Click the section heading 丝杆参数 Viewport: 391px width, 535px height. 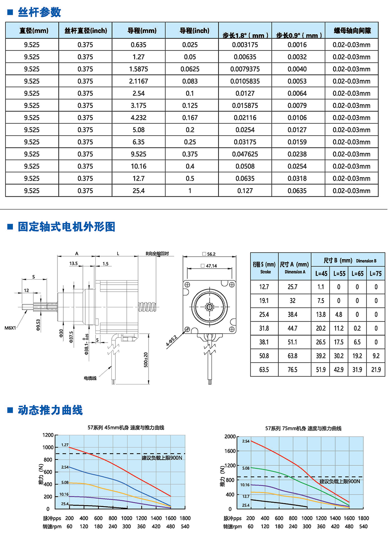[x=39, y=13]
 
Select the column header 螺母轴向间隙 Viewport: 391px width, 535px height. [x=352, y=31]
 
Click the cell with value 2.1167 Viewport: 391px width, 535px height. [x=138, y=81]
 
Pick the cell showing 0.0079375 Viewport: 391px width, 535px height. [x=245, y=69]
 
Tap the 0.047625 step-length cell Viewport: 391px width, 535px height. [x=245, y=154]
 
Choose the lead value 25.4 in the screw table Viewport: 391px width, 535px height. [x=138, y=191]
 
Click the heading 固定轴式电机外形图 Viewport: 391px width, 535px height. [x=66, y=227]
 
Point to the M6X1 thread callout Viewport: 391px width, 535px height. [x=10, y=328]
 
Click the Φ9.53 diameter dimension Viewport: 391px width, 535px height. [x=38, y=325]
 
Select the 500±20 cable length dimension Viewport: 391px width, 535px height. [x=146, y=360]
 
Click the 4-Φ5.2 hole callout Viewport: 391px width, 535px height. [x=171, y=341]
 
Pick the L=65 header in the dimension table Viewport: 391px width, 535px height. [x=357, y=274]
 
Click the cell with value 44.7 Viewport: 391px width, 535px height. [x=292, y=329]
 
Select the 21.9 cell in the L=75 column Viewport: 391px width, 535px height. [x=376, y=370]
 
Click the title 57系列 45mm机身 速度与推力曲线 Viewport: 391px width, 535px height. [x=126, y=427]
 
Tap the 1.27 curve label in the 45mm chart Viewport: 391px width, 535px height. [x=65, y=445]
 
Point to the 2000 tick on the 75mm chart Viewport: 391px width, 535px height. [x=230, y=436]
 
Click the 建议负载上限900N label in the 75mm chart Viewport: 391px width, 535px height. [x=339, y=481]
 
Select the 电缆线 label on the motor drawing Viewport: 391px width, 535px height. [x=90, y=378]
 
